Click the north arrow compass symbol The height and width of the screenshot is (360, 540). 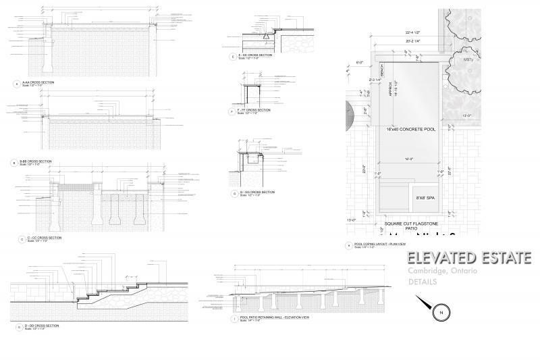(x=439, y=311)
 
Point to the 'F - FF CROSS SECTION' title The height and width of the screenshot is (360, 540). (x=254, y=109)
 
